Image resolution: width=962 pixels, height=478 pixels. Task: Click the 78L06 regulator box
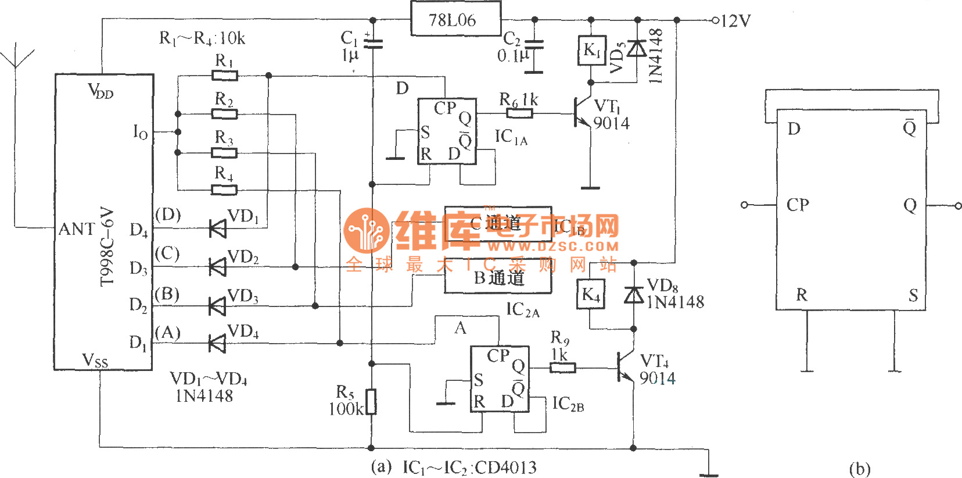pyautogui.click(x=455, y=19)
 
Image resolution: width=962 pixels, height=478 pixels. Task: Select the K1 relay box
pyautogui.click(x=591, y=50)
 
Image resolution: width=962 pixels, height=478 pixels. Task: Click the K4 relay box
pyautogui.click(x=590, y=294)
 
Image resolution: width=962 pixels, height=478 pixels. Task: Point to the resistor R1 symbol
pyautogui.click(x=224, y=75)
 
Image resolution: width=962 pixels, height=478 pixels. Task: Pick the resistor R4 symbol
pyautogui.click(x=224, y=190)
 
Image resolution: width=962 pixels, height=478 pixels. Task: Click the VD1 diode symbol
pyautogui.click(x=217, y=229)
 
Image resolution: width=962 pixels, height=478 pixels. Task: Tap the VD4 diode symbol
pyautogui.click(x=217, y=343)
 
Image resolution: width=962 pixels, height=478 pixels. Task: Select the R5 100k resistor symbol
pyautogui.click(x=371, y=402)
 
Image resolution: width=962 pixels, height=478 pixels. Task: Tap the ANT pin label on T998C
pyautogui.click(x=77, y=229)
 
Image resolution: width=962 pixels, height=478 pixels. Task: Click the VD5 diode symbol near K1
pyautogui.click(x=637, y=48)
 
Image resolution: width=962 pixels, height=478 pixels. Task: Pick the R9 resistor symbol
pyautogui.click(x=562, y=368)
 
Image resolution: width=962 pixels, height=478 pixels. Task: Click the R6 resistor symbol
pyautogui.click(x=519, y=113)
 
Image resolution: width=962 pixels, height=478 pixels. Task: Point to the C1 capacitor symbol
pyautogui.click(x=372, y=42)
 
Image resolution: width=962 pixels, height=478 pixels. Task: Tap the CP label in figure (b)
pyautogui.click(x=798, y=205)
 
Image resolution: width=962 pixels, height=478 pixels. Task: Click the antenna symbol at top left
pyautogui.click(x=17, y=58)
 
